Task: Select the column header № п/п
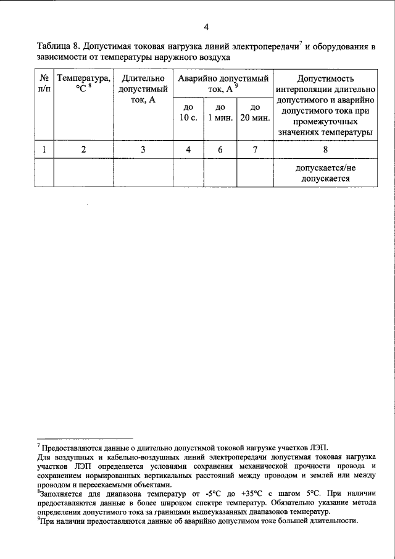(44, 84)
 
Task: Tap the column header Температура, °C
(83, 84)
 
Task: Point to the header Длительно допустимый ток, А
(143, 90)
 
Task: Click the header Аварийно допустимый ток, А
(223, 84)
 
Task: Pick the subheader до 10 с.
(188, 113)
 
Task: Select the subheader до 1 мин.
(220, 113)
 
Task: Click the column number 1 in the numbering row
(44, 149)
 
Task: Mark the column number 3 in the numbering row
(143, 149)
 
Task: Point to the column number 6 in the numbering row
(220, 149)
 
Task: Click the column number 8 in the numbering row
(325, 149)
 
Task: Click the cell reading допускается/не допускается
(325, 174)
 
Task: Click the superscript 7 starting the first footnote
(38, 444)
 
